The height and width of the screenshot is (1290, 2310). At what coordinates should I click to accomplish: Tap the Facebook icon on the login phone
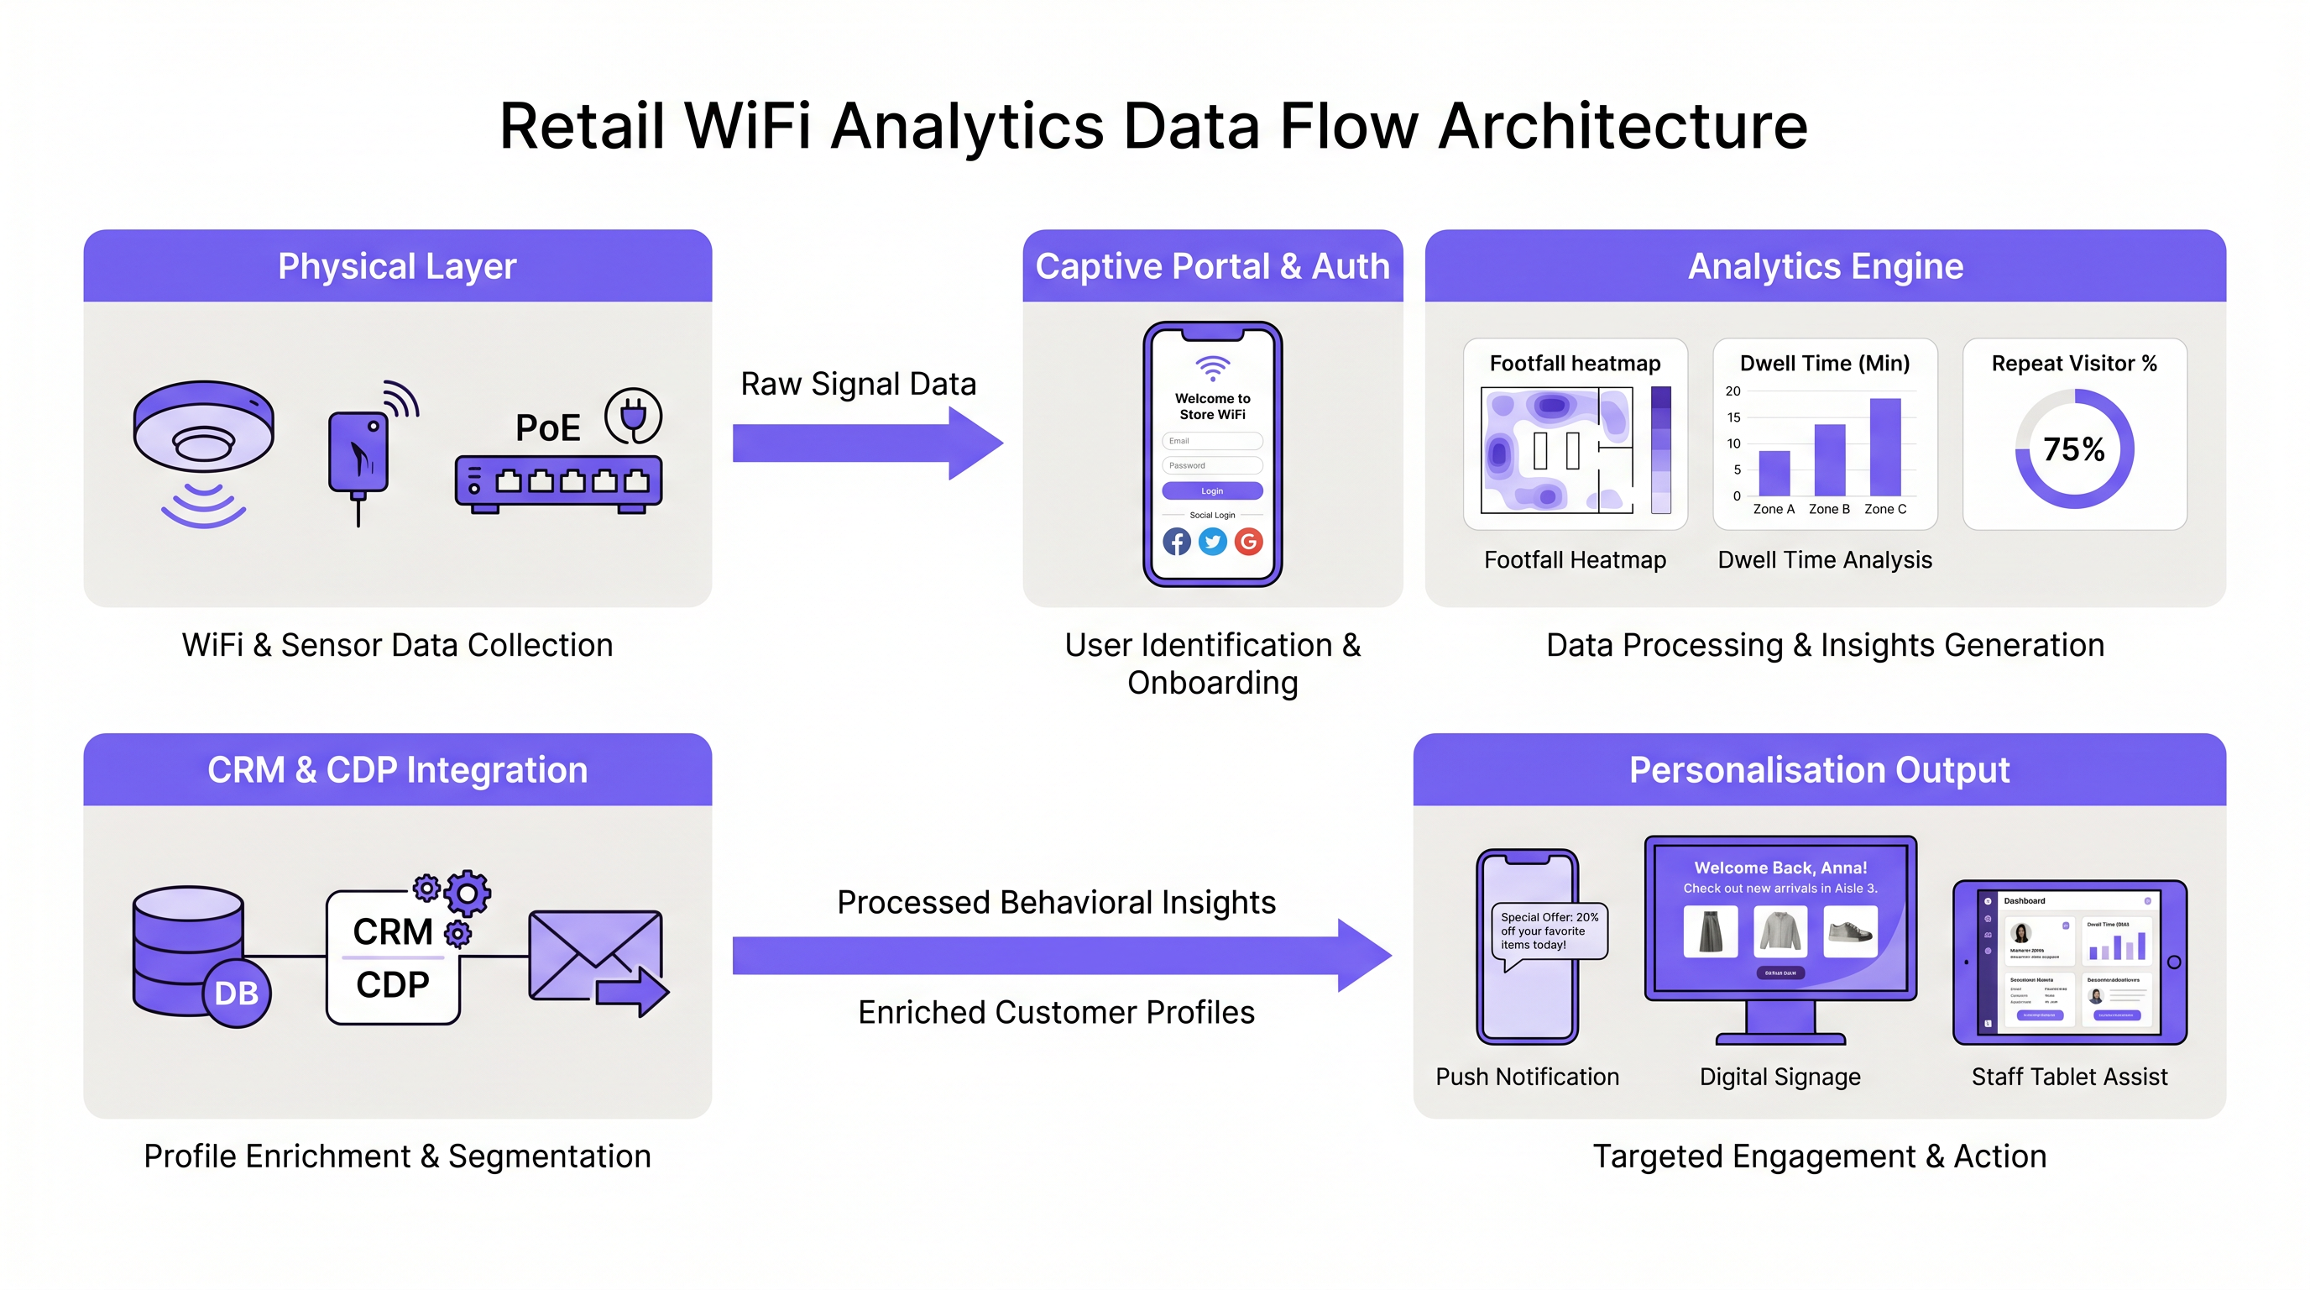[1177, 542]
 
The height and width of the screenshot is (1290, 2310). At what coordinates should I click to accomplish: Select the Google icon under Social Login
[1248, 542]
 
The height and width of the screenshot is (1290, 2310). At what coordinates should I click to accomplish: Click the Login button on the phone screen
[1211, 490]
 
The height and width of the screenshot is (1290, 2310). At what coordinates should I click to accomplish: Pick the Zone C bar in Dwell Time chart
[1885, 447]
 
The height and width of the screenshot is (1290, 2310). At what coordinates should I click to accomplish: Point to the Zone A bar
[1774, 473]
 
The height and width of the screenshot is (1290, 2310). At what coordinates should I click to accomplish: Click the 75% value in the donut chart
[2073, 449]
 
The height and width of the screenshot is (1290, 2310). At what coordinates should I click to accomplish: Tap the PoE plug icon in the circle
[633, 416]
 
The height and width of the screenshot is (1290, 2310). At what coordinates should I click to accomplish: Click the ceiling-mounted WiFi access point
[204, 427]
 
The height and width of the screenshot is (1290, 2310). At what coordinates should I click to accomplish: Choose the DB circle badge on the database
[237, 993]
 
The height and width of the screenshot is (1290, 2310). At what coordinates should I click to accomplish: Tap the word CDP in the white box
[392, 985]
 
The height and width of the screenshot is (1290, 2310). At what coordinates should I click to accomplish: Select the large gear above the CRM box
[468, 892]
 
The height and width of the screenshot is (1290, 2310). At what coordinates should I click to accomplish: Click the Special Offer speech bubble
[1549, 932]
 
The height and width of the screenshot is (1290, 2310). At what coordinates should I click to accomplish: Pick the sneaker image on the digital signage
[1850, 931]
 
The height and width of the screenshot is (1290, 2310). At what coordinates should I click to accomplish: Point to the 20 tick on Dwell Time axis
[1732, 391]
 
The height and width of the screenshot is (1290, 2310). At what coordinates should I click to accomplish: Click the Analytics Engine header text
[1825, 266]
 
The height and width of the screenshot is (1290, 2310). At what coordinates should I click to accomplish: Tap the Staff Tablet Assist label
[2069, 1077]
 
